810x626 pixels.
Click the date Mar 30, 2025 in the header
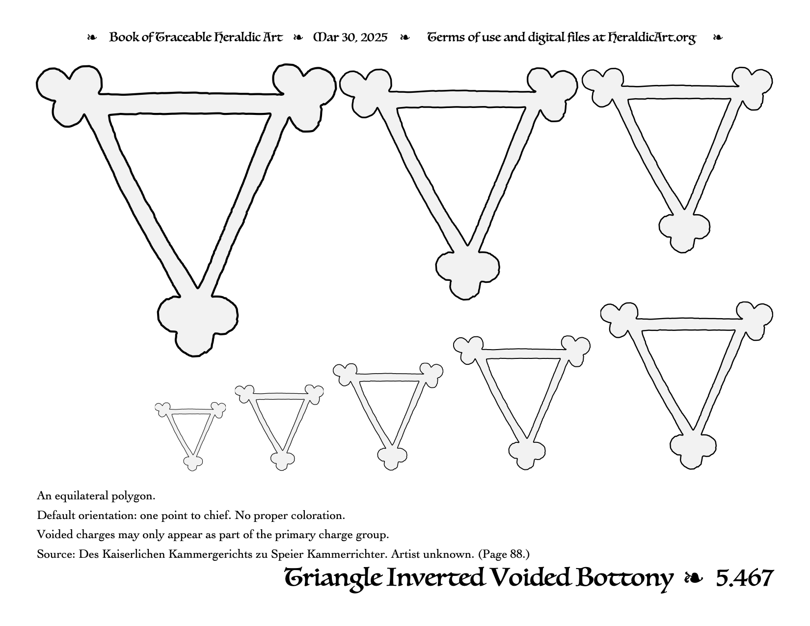(350, 37)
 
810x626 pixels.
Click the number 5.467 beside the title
(745, 578)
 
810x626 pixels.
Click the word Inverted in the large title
(435, 578)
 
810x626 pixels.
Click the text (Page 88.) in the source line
(504, 554)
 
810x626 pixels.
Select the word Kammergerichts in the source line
(210, 554)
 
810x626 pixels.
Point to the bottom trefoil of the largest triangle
(197, 325)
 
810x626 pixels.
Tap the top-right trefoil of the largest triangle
(304, 95)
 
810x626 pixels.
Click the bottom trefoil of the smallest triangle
(193, 463)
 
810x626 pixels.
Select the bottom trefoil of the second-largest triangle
(467, 273)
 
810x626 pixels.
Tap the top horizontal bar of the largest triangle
(190, 103)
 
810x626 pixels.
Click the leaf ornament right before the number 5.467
(694, 579)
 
